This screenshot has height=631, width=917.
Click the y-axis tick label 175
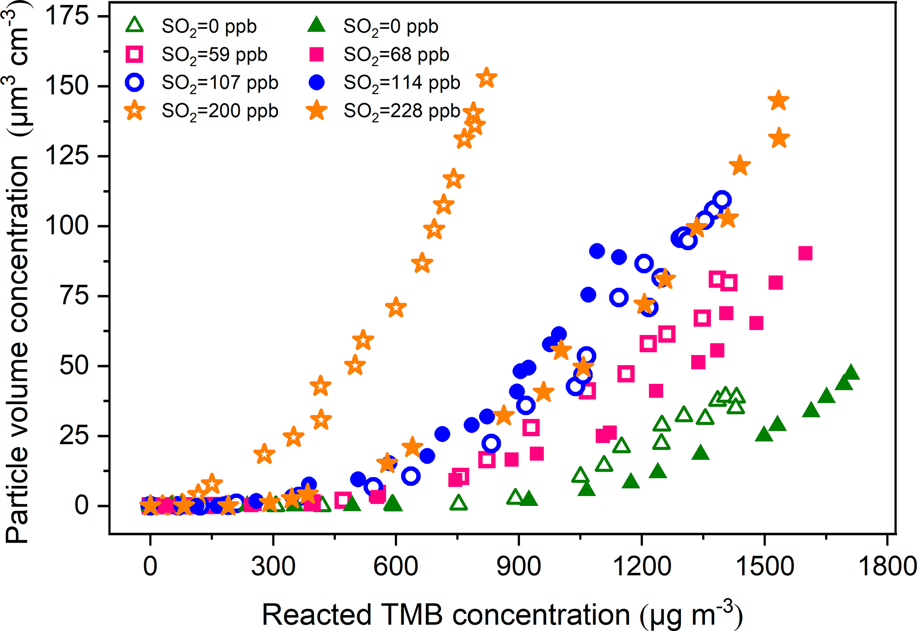tap(67, 16)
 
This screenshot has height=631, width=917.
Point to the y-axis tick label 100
tap(67, 226)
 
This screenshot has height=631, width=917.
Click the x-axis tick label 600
tap(395, 566)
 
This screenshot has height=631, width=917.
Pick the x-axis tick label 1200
tap(642, 566)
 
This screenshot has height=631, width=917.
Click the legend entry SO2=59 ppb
tap(215, 55)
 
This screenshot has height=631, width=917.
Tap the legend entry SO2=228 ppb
tap(402, 110)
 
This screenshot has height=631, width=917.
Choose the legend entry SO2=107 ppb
tap(220, 83)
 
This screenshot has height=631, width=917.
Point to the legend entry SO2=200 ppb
tap(220, 110)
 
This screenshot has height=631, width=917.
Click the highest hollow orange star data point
tap(486, 78)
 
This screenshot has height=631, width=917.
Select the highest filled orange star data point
tap(779, 100)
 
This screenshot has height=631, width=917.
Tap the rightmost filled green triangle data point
tap(850, 373)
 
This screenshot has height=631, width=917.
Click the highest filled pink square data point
tap(805, 253)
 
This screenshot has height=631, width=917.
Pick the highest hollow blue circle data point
tap(722, 200)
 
